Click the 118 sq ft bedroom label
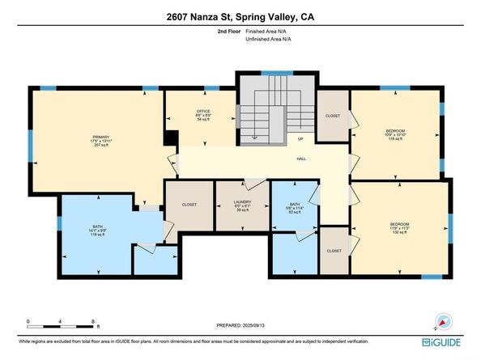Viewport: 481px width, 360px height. click(x=394, y=135)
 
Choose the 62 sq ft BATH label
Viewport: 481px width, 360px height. click(x=292, y=206)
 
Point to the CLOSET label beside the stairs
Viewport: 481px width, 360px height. click(x=333, y=116)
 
